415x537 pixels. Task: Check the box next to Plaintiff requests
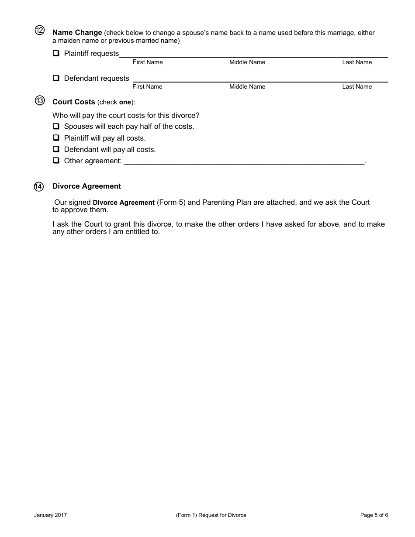click(56, 54)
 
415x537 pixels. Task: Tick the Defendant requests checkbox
click(56, 79)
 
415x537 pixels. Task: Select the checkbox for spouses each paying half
click(56, 127)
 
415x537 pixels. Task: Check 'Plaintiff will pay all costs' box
click(56, 138)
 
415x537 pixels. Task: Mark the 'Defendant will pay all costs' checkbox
click(56, 149)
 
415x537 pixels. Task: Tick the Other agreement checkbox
click(56, 161)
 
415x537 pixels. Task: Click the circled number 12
click(39, 31)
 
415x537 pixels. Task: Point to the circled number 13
click(39, 101)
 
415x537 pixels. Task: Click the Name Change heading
click(77, 33)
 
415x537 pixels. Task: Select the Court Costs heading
click(73, 102)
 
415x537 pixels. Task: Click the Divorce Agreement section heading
click(86, 186)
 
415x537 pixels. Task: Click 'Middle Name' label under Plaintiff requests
click(247, 62)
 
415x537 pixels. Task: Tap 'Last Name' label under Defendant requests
click(357, 87)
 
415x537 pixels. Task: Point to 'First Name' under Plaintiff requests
click(147, 62)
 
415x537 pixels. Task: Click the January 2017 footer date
click(50, 515)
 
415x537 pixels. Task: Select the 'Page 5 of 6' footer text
click(374, 515)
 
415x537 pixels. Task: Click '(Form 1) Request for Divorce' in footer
click(211, 515)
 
